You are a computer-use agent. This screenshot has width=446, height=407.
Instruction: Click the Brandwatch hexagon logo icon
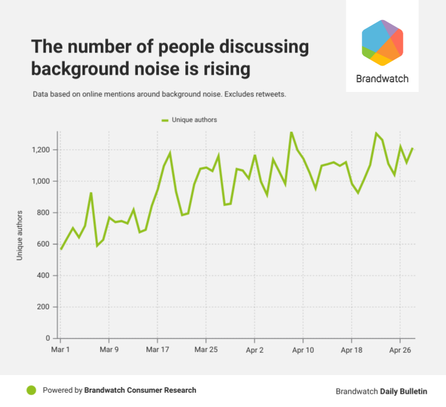click(x=383, y=42)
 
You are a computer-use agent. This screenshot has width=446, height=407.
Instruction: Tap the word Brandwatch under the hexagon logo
click(x=383, y=79)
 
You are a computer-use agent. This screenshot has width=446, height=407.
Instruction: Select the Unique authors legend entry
click(x=190, y=120)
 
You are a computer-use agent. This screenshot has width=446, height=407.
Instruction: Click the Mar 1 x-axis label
click(x=61, y=349)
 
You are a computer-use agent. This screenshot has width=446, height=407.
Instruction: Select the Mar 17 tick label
click(x=157, y=349)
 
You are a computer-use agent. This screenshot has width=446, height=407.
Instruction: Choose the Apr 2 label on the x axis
click(x=254, y=349)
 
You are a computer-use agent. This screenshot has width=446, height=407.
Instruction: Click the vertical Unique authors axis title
click(x=19, y=236)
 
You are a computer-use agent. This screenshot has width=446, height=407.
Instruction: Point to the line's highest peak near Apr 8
click(x=291, y=132)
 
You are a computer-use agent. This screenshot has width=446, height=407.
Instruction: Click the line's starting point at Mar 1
click(x=61, y=249)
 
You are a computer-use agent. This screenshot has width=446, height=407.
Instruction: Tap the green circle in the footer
click(x=31, y=390)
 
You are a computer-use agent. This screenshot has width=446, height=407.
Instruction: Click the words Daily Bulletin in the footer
click(x=403, y=392)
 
